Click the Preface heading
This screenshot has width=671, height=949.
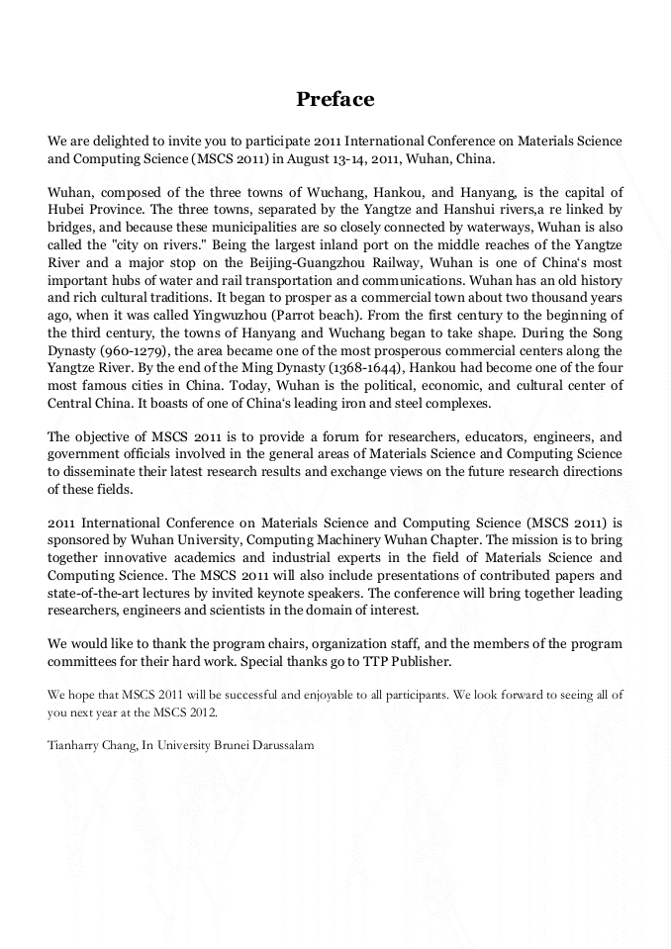(x=335, y=100)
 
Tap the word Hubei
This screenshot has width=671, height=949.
(x=66, y=210)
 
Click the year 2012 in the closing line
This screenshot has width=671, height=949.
(x=199, y=712)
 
